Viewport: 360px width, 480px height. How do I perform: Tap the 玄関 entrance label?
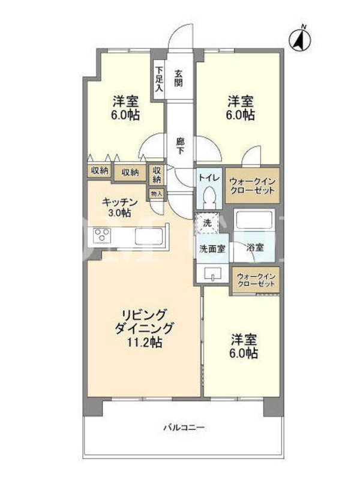[x=178, y=78]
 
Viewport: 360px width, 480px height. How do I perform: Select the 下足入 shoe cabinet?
[x=159, y=79]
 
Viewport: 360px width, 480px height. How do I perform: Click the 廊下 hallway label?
[x=180, y=146]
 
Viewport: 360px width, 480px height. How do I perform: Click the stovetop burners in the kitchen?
[x=102, y=236]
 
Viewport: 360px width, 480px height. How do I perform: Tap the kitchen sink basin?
[x=148, y=236]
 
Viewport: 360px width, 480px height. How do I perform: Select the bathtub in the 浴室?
[x=254, y=219]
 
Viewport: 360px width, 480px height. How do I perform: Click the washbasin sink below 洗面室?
[x=212, y=274]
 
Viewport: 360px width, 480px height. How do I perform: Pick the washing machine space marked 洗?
[x=207, y=223]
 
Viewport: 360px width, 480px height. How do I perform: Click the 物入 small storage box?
[x=157, y=193]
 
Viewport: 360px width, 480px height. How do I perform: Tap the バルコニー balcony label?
[x=184, y=427]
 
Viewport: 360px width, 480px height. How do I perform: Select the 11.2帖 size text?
[x=145, y=342]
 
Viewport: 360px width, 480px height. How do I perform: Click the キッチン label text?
[x=119, y=202]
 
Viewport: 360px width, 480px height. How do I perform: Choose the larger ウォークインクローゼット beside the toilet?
[x=253, y=185]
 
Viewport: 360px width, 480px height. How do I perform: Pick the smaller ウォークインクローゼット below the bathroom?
[x=256, y=280]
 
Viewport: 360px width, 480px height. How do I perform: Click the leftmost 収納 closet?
[x=100, y=171]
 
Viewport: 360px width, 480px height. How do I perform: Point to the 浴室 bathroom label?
[x=255, y=247]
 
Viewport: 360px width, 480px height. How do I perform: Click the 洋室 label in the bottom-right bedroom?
[x=244, y=339]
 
